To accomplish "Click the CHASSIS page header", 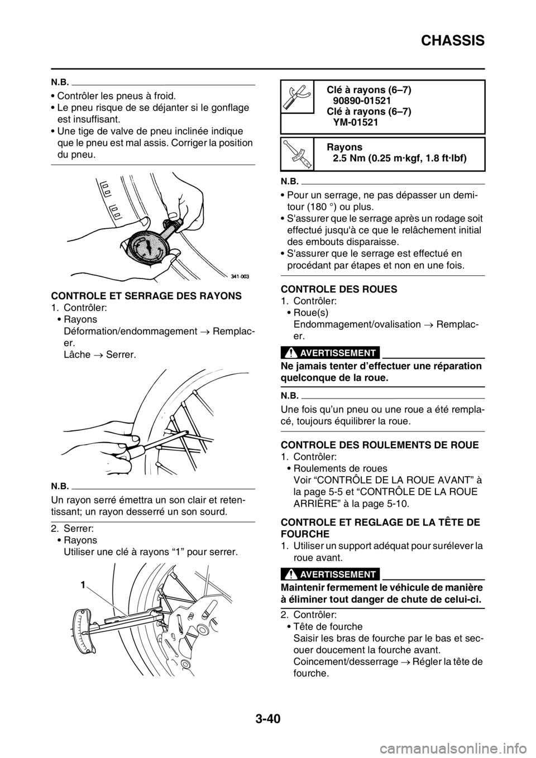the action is pyautogui.click(x=452, y=41).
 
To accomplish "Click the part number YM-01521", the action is pyautogui.click(x=355, y=122).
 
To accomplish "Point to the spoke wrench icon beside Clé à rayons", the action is pyautogui.click(x=296, y=96).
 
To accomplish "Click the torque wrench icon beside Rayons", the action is pyautogui.click(x=297, y=154).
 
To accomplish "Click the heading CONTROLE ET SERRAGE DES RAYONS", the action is pyautogui.click(x=146, y=296).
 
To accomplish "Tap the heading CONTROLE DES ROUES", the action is pyautogui.click(x=339, y=289).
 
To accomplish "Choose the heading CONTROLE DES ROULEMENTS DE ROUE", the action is pyautogui.click(x=380, y=445).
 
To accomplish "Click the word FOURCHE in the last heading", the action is pyautogui.click(x=305, y=534).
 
